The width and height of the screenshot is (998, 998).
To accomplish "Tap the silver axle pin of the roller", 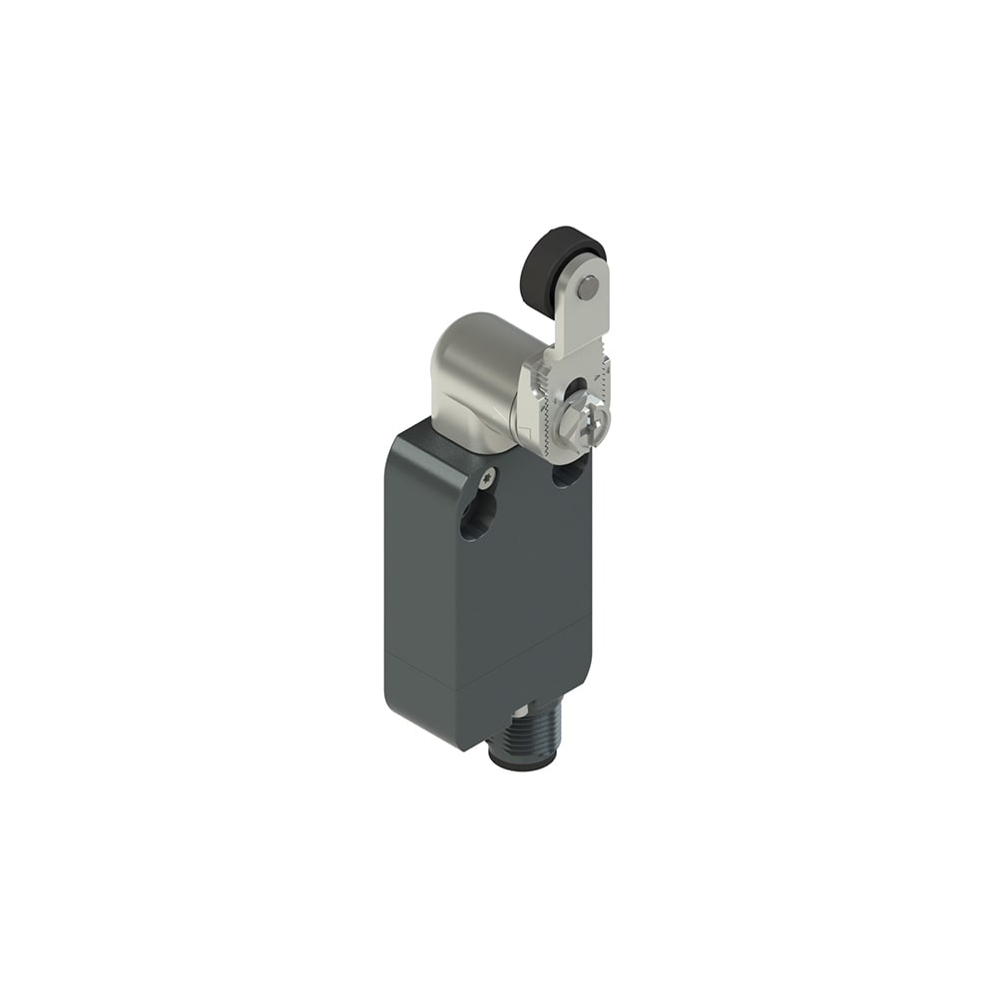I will [x=588, y=285].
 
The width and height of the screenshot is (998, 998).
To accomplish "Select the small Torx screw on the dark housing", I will [x=487, y=481].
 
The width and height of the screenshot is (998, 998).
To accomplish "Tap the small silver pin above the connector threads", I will [x=520, y=710].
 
